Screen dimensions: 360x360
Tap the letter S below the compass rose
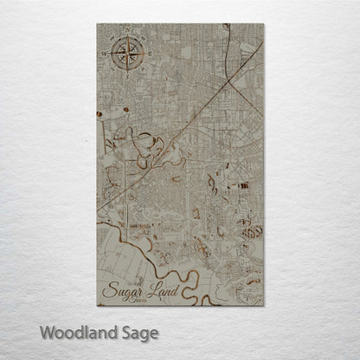coord(127,76)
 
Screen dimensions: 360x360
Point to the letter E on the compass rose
coord(149,55)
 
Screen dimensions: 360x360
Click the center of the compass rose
coord(127,55)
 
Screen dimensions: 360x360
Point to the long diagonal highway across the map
coord(182,121)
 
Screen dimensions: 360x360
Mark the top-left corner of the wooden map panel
coord(98,24)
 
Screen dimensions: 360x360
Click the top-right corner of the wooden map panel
coord(263,24)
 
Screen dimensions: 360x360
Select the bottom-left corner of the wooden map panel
coord(98,305)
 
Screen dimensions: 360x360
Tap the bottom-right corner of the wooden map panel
coord(263,305)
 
